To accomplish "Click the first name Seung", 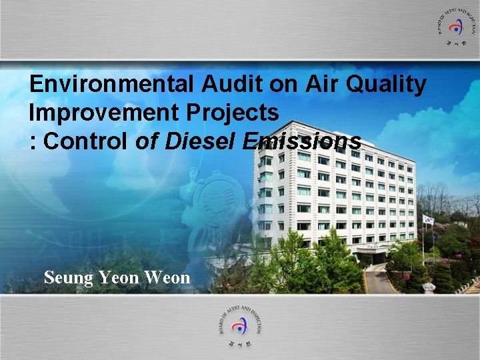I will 68,277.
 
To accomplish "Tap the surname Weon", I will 168,277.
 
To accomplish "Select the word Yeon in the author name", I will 118,277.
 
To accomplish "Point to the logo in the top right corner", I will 456,27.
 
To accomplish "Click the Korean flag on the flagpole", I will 428,219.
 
